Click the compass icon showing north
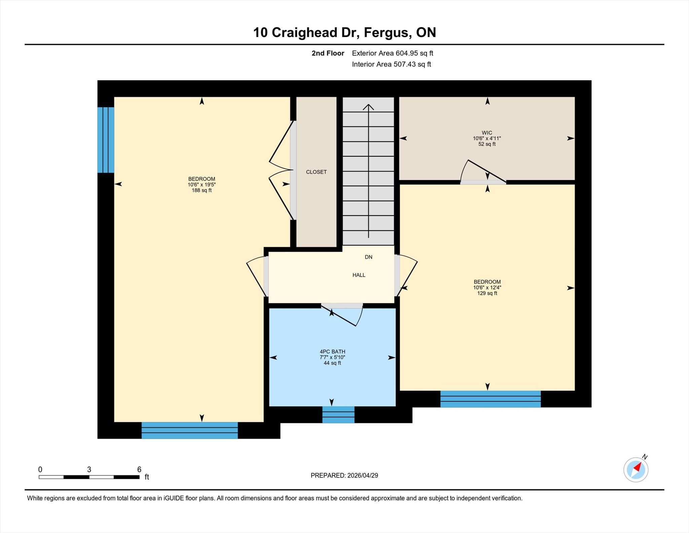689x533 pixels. coord(636,469)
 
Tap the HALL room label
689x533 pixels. coord(359,275)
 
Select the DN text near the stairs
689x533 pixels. coord(368,257)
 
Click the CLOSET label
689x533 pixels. coord(316,172)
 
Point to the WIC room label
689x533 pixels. coord(487,133)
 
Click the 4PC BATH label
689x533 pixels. coord(332,352)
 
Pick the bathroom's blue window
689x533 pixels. coord(338,414)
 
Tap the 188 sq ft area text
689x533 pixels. coord(202,190)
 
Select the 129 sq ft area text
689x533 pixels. coord(487,293)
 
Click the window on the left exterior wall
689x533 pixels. coord(106,140)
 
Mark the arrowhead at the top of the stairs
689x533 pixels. coord(368,107)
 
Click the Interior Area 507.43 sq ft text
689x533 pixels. coord(391,64)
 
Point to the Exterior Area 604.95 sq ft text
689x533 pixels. coord(392,53)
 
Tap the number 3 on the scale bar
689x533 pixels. coord(89,469)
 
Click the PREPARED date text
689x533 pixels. coord(344,475)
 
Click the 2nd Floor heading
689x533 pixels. coord(328,53)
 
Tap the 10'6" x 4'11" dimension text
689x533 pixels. coord(487,138)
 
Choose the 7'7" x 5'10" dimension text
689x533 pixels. coord(332,357)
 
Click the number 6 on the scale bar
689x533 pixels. coord(139,469)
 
